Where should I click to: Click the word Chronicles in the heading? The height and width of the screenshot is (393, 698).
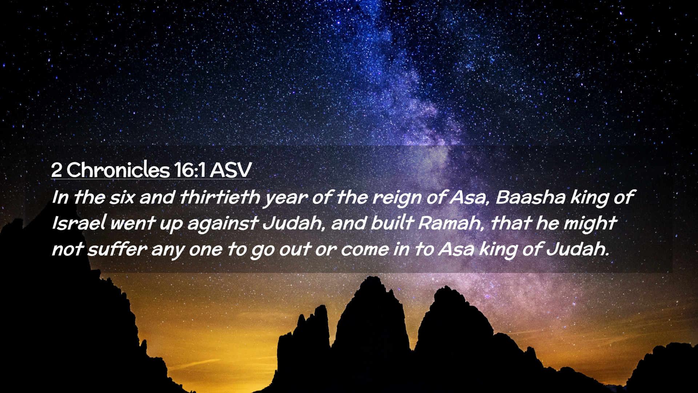tap(118, 170)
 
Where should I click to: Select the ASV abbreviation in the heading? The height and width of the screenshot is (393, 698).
tap(230, 170)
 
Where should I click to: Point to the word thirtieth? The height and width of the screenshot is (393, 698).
tap(220, 197)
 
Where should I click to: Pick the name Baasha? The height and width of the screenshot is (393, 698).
tap(530, 197)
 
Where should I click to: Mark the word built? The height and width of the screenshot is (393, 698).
tap(392, 223)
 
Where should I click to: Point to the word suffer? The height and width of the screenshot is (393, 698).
tap(117, 249)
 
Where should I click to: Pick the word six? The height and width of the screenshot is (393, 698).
tap(122, 197)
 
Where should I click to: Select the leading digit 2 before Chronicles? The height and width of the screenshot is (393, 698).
tap(56, 170)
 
